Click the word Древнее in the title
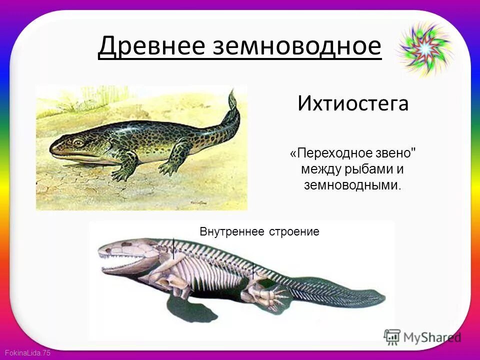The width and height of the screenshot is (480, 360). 151,46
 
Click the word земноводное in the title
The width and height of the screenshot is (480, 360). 297,46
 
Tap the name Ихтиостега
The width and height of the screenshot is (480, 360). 353,103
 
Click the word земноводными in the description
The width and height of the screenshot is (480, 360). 351,185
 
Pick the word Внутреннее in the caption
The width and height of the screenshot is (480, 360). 232,232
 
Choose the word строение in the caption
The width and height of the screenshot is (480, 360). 294,232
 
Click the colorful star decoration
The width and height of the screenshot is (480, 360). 424,49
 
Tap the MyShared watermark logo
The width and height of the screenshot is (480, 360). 422,336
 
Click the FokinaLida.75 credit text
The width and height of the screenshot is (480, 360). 25,353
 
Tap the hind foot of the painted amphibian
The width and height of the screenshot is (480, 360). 167,169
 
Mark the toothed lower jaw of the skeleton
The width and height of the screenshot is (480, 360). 125,267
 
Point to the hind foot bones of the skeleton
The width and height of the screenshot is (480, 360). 272,297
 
